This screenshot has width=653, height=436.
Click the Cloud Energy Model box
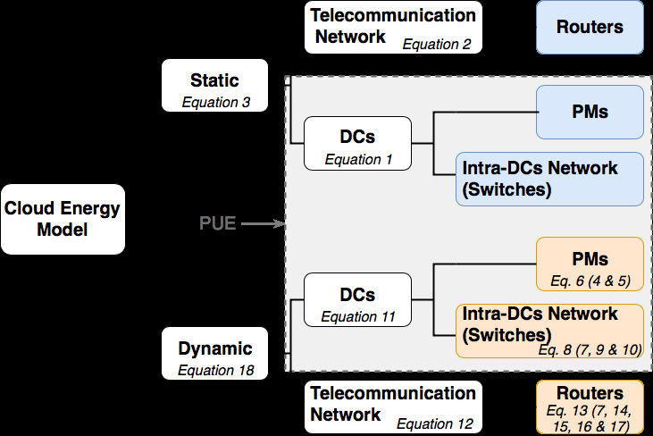point(63,219)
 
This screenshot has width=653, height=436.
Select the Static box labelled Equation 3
point(215,86)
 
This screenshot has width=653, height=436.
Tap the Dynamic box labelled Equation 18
point(215,355)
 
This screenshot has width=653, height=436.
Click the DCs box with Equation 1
point(357,143)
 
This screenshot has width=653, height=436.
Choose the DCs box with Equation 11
point(357,299)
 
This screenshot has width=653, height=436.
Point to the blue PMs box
point(590,112)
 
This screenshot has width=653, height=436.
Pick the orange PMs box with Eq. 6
point(590,264)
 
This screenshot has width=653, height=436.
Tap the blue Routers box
point(590,27)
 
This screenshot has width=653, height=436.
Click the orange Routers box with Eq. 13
point(590,407)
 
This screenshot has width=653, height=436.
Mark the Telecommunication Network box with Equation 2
point(393,27)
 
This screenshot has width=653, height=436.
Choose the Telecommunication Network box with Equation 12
point(393,407)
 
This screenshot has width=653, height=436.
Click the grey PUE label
point(217,223)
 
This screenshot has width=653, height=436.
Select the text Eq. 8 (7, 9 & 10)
point(590,349)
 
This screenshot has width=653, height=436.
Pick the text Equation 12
point(435,423)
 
